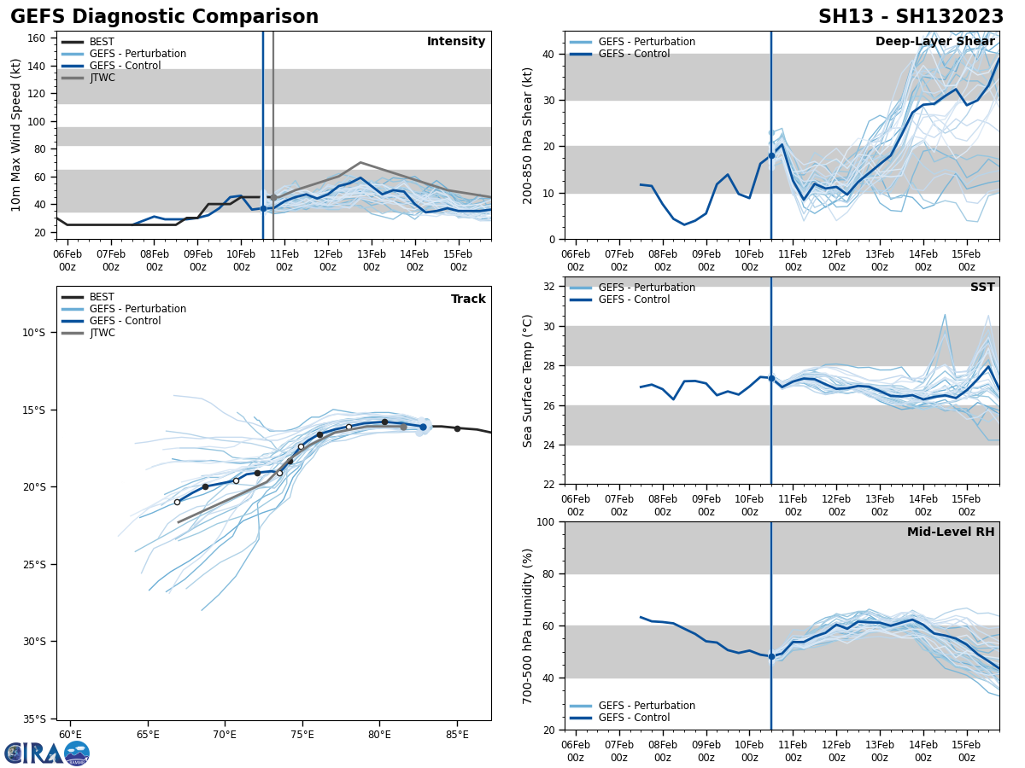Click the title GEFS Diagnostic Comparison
pos(164,17)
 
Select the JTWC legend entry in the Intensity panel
pos(102,78)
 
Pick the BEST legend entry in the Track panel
pos(102,297)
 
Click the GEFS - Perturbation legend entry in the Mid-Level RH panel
pos(647,706)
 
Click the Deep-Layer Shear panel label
pos(934,42)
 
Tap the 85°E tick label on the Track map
pos(457,735)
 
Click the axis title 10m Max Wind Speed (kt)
pos(16,135)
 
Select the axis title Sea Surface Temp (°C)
pos(528,381)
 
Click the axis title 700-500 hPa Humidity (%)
pos(528,625)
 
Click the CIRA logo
pos(46,753)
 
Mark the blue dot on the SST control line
pos(771,378)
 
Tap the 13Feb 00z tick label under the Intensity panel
pos(371,260)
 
